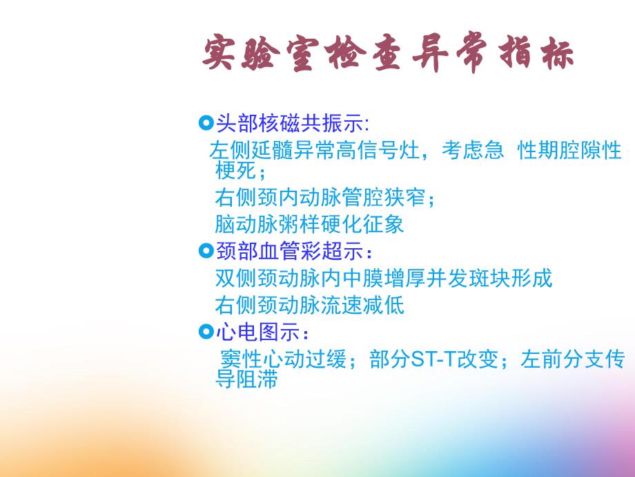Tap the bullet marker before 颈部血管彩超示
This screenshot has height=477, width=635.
[x=205, y=250]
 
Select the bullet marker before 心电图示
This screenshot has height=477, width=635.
[x=205, y=333]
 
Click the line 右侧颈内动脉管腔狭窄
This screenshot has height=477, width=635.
[x=325, y=198]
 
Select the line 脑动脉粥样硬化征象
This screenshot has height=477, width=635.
[x=309, y=224]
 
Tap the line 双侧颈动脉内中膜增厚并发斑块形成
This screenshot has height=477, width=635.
[x=384, y=278]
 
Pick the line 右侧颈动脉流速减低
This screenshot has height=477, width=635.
[x=309, y=305]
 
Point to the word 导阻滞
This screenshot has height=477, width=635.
[x=246, y=379]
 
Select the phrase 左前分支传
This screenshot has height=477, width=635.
[x=573, y=360]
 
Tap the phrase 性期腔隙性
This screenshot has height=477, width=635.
[x=569, y=151]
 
